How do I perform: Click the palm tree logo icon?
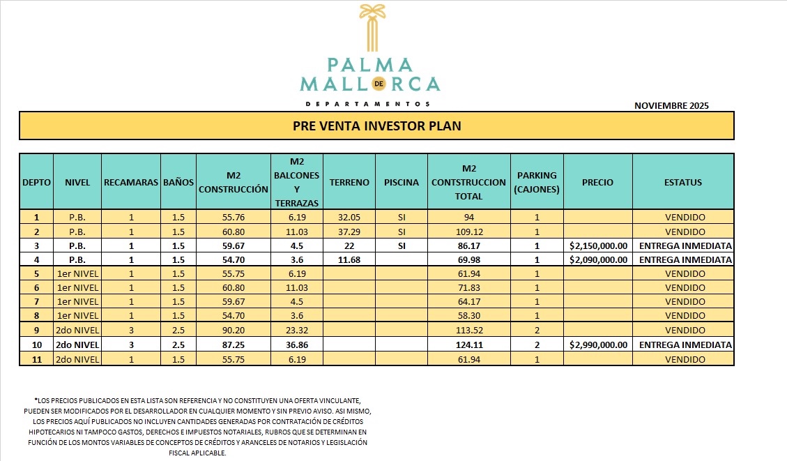(369, 28)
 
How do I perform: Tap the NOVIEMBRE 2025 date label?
(671, 106)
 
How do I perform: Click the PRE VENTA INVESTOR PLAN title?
(376, 126)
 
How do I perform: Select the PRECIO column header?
(597, 182)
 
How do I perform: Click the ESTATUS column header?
(683, 182)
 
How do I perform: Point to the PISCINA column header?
(402, 182)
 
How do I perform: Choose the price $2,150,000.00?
(598, 245)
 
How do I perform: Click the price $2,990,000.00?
(598, 345)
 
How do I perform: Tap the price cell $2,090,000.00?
(598, 259)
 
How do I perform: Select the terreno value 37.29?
(349, 232)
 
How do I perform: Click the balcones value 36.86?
(296, 345)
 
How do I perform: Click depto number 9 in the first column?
(36, 330)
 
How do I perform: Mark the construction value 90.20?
(233, 330)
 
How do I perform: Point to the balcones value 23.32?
(296, 330)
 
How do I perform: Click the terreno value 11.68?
(349, 259)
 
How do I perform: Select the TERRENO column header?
(349, 182)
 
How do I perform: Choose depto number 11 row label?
(36, 358)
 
